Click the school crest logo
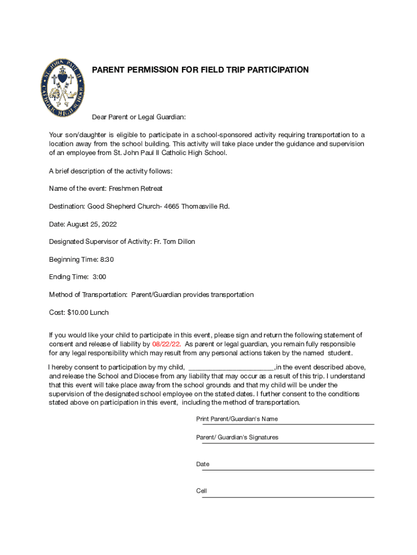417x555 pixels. pyautogui.click(x=63, y=87)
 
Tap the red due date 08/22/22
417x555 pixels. pyautogui.click(x=167, y=344)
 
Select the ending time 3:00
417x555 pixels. pyautogui.click(x=99, y=277)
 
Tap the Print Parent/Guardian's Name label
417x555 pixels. pyautogui.click(x=237, y=419)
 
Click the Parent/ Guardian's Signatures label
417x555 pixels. pyautogui.click(x=237, y=437)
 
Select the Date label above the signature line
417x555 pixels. pyautogui.click(x=203, y=464)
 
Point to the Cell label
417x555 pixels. pyautogui.click(x=201, y=491)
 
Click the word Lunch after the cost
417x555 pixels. pyautogui.click(x=100, y=313)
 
